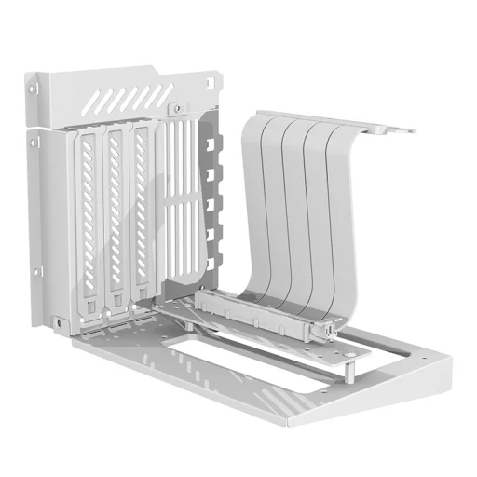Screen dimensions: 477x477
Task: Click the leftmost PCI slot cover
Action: click(x=86, y=219)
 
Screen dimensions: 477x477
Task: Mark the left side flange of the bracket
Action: click(x=37, y=205)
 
